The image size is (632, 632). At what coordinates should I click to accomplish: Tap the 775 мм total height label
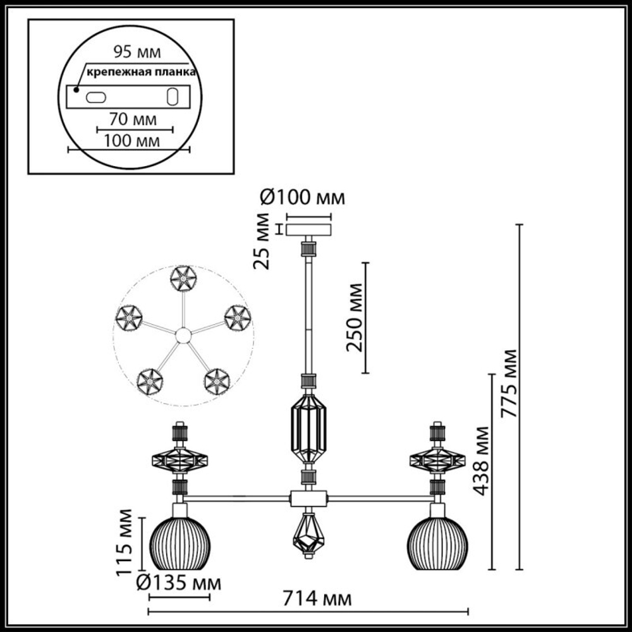pyautogui.click(x=509, y=383)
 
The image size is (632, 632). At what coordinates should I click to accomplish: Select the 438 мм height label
pyautogui.click(x=482, y=461)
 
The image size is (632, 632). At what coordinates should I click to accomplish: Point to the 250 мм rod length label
pyautogui.click(x=355, y=317)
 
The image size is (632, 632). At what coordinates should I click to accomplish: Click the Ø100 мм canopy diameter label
pyautogui.click(x=303, y=198)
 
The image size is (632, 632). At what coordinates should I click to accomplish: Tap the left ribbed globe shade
pyautogui.click(x=180, y=543)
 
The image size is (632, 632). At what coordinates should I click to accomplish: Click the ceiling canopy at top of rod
pyautogui.click(x=308, y=229)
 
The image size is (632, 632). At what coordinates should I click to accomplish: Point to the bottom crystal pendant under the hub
pyautogui.click(x=308, y=535)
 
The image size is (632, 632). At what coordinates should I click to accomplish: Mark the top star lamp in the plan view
pyautogui.click(x=183, y=278)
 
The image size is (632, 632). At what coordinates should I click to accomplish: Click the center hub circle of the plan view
pyautogui.click(x=183, y=336)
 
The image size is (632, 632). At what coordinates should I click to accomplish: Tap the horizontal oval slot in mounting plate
pyautogui.click(x=97, y=97)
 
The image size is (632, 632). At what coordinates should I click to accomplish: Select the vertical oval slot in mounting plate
pyautogui.click(x=171, y=97)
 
